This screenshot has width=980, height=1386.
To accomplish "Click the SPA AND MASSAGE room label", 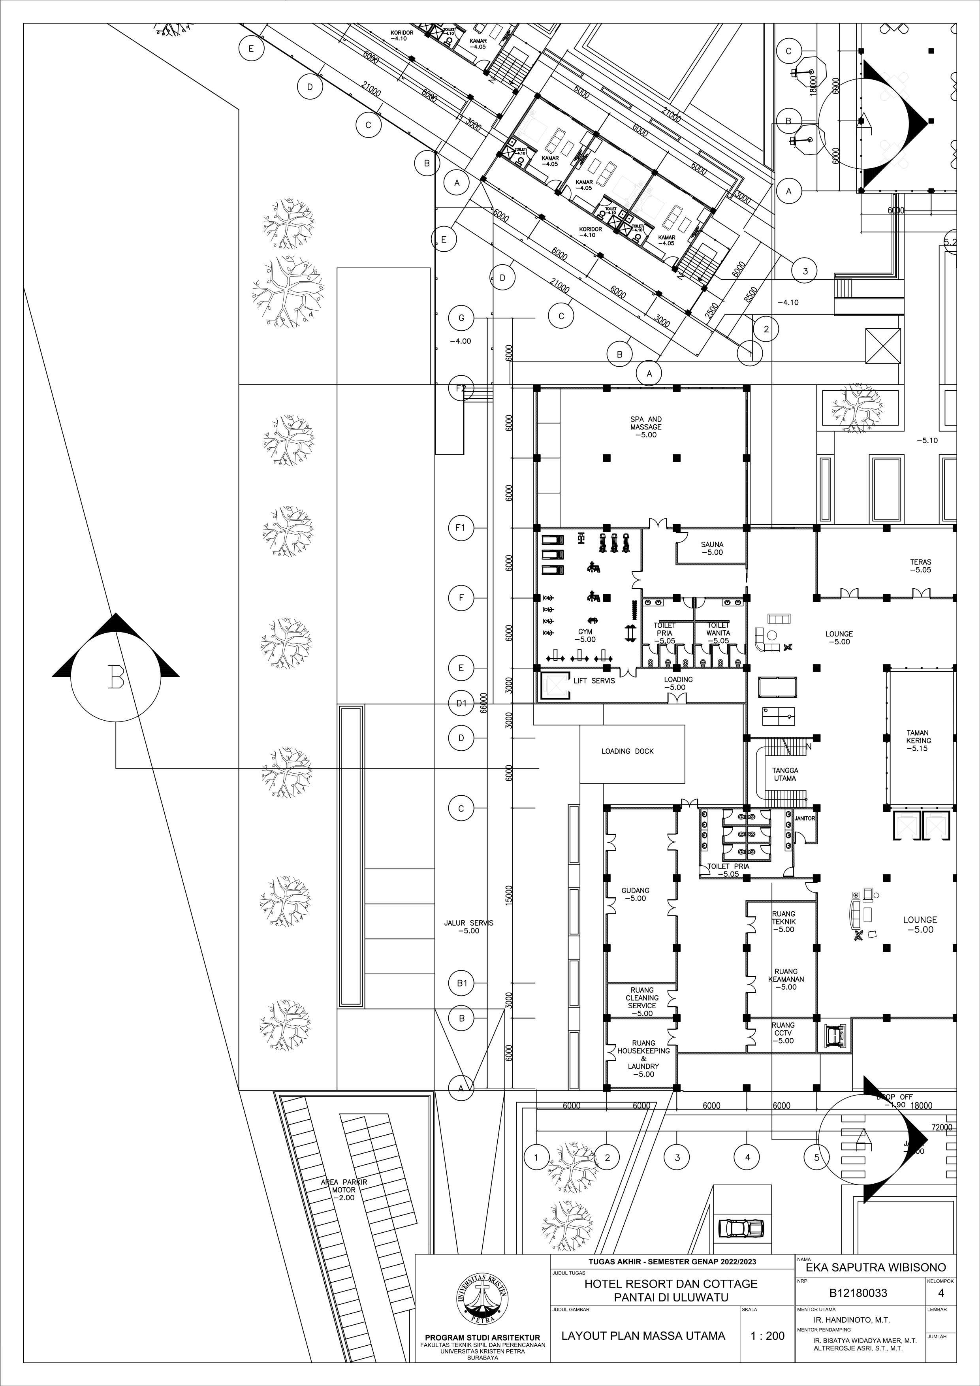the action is tap(646, 427).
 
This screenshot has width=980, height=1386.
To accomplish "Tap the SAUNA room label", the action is tap(712, 548).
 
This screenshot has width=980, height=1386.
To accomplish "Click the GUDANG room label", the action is tap(636, 894).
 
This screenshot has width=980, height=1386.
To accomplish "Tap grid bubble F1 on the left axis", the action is tap(461, 529).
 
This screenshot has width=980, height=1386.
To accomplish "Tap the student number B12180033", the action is tap(858, 1294).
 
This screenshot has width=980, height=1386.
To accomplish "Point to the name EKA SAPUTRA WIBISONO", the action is tap(875, 1267).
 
